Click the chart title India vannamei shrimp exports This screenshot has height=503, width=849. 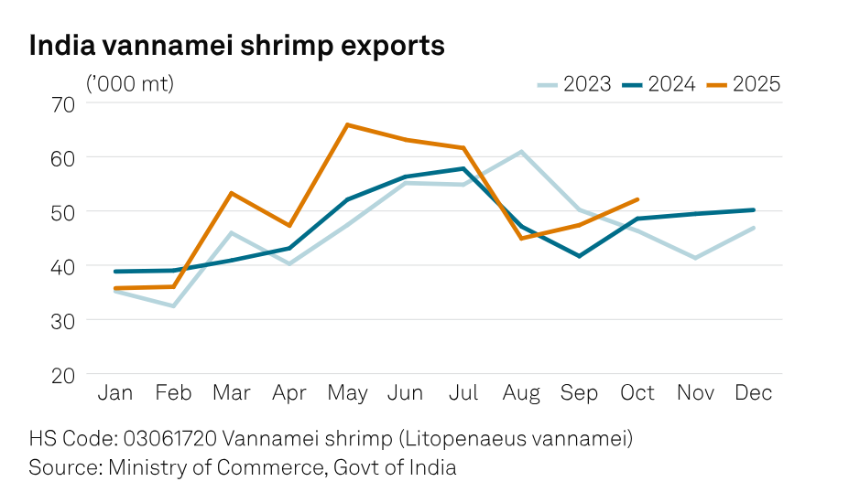click(x=237, y=46)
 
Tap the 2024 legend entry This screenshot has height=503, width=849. click(x=659, y=84)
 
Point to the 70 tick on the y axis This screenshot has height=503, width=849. click(x=63, y=103)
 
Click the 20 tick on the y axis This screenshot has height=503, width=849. click(x=63, y=375)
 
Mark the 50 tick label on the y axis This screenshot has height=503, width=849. click(x=63, y=212)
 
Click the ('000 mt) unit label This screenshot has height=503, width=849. click(x=129, y=84)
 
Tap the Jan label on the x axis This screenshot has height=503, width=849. click(x=114, y=393)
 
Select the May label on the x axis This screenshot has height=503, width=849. click(x=347, y=393)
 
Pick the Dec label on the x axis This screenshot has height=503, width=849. click(x=754, y=393)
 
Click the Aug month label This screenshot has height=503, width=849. click(x=521, y=393)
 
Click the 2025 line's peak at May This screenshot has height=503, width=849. click(x=347, y=124)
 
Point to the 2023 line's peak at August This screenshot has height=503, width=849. click(x=521, y=152)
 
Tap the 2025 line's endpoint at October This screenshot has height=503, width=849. click(x=637, y=199)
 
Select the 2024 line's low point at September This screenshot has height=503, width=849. click(x=579, y=256)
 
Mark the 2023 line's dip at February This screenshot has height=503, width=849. click(x=173, y=305)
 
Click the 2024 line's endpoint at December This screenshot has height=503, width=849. click(x=754, y=209)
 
